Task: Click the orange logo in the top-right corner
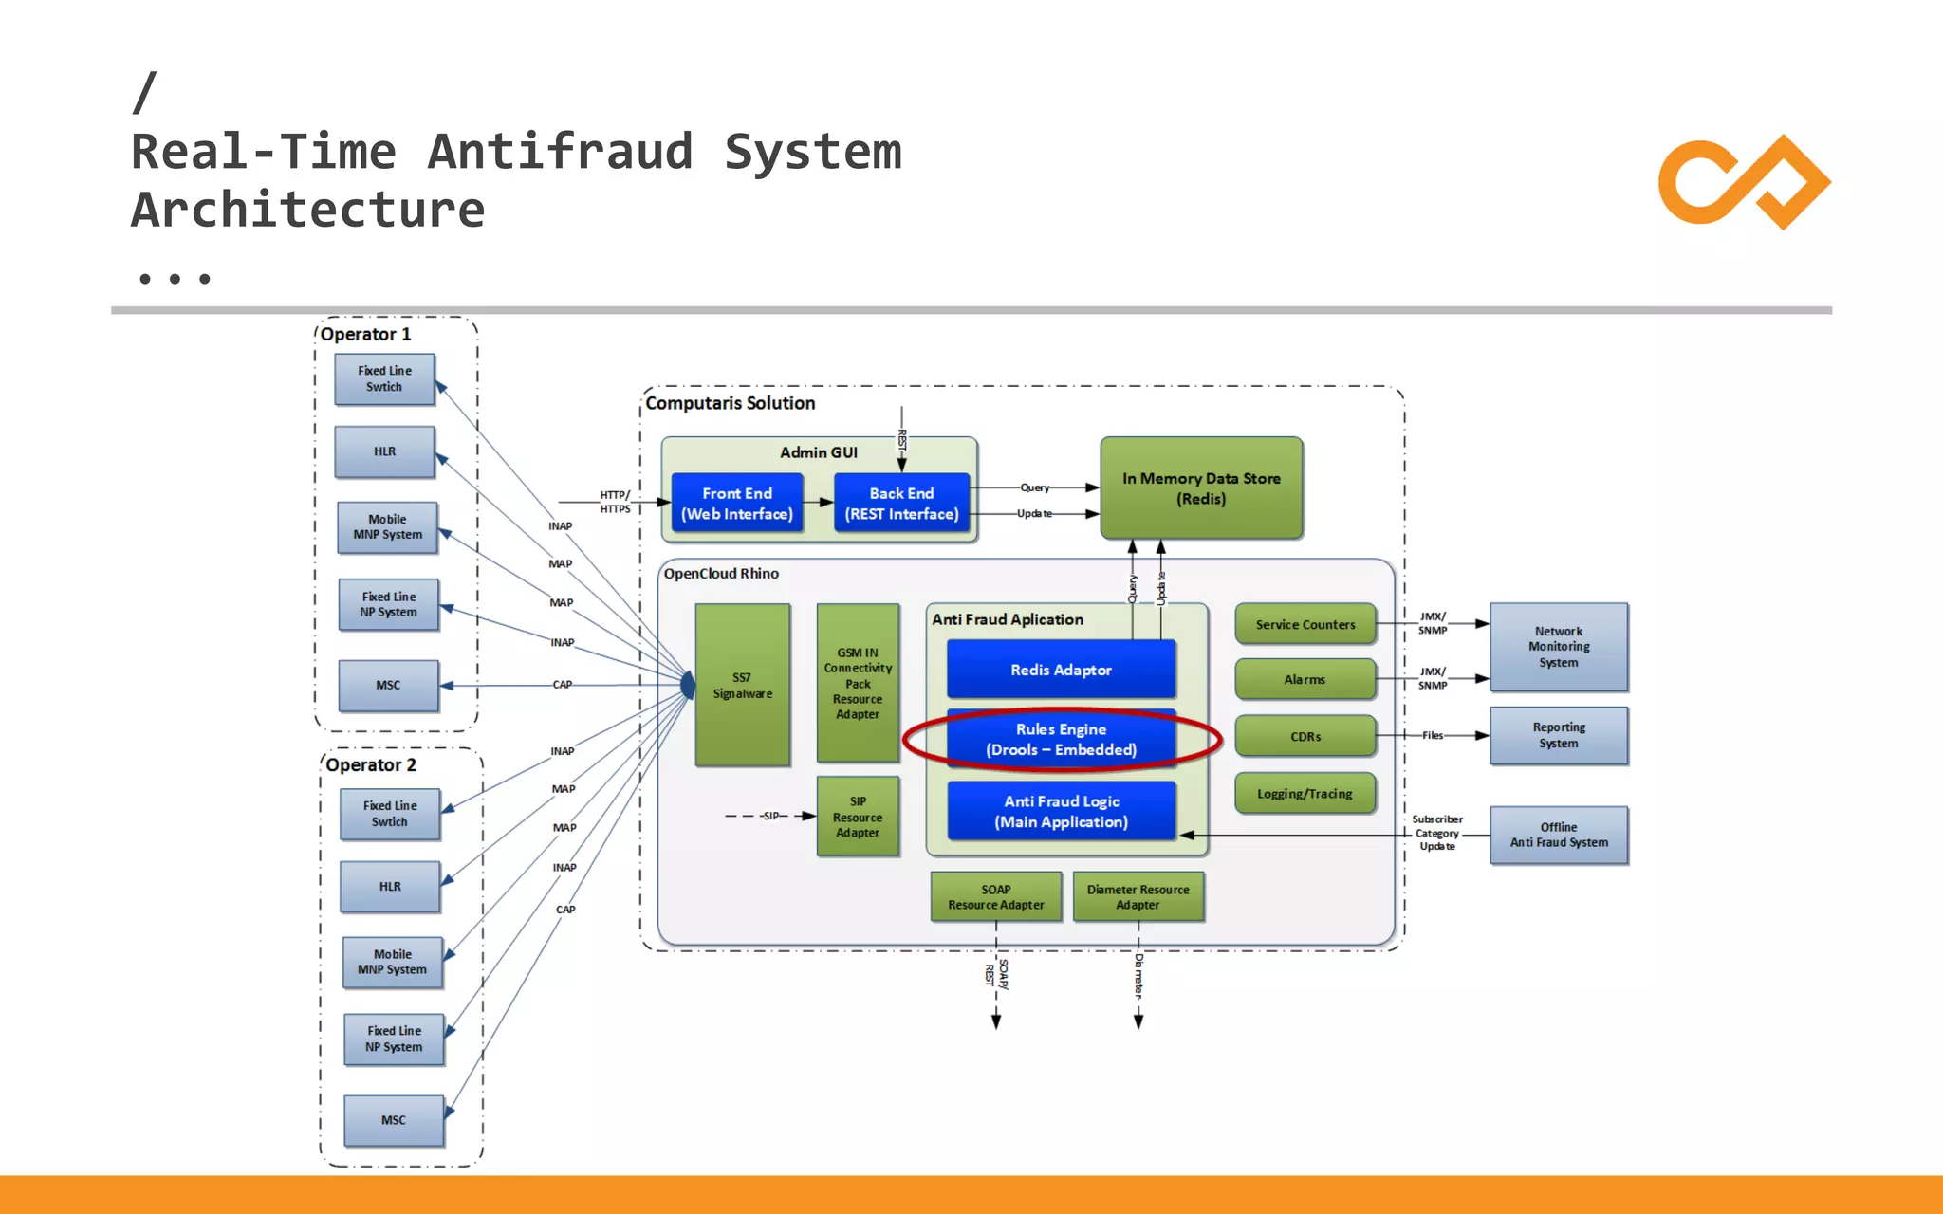tap(1744, 182)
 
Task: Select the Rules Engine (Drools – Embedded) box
tap(1061, 739)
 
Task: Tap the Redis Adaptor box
tap(1061, 670)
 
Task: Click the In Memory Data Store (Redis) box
tap(1201, 488)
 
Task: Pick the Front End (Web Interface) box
tap(737, 504)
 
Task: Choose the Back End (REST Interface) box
tap(901, 504)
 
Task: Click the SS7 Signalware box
tap(742, 685)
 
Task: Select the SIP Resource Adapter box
tap(858, 817)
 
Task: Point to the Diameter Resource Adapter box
tap(1138, 897)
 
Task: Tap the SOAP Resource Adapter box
tap(995, 897)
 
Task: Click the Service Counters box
tap(1305, 624)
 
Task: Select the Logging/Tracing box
tap(1305, 794)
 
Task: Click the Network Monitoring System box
tap(1558, 647)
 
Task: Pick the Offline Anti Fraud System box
tap(1558, 835)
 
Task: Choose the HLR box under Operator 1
tap(384, 451)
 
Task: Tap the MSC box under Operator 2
tap(393, 1120)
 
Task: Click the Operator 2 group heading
tap(371, 764)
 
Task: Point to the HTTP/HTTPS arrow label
tap(615, 502)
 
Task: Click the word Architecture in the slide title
tap(307, 210)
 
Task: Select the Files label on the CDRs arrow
tap(1432, 735)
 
